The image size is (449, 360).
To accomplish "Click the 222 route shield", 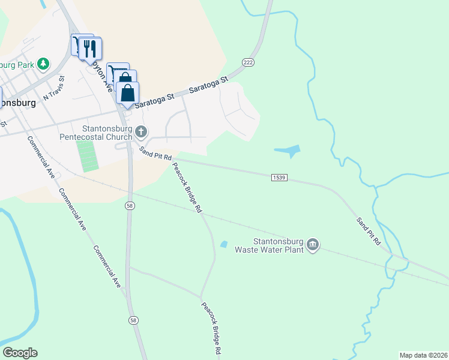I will (248, 62).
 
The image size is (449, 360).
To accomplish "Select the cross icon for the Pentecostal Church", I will (141, 131).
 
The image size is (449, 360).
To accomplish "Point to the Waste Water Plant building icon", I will (313, 244).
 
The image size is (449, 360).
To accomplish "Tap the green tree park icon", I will (43, 63).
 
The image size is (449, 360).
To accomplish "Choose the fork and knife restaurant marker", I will (91, 49).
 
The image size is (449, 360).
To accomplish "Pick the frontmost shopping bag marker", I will (127, 94).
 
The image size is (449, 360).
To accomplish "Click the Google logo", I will (20, 353).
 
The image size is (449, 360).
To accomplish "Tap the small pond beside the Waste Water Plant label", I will (224, 244).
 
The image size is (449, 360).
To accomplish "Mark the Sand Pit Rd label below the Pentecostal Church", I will (155, 154).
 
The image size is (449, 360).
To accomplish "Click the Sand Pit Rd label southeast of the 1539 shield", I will (369, 230).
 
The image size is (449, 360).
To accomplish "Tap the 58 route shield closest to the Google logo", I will (133, 321).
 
